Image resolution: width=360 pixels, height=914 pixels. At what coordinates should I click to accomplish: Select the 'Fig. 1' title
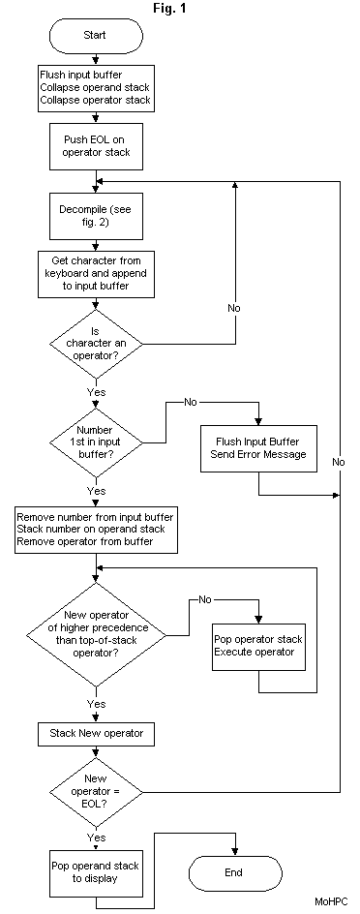click(168, 8)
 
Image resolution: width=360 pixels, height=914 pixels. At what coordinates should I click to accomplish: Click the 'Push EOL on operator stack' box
click(95, 146)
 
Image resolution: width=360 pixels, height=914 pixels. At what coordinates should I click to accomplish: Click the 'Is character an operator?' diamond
click(95, 343)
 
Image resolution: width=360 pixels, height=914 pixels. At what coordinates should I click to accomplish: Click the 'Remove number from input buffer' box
click(95, 530)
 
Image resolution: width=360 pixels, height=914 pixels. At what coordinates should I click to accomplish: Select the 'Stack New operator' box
click(95, 733)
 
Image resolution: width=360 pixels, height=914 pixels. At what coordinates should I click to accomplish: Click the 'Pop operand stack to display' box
click(95, 870)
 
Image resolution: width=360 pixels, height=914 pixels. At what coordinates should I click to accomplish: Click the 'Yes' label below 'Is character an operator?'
click(97, 393)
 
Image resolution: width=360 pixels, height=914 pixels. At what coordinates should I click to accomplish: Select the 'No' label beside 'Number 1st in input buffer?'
click(190, 400)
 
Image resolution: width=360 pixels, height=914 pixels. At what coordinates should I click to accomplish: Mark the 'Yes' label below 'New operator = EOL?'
click(97, 837)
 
